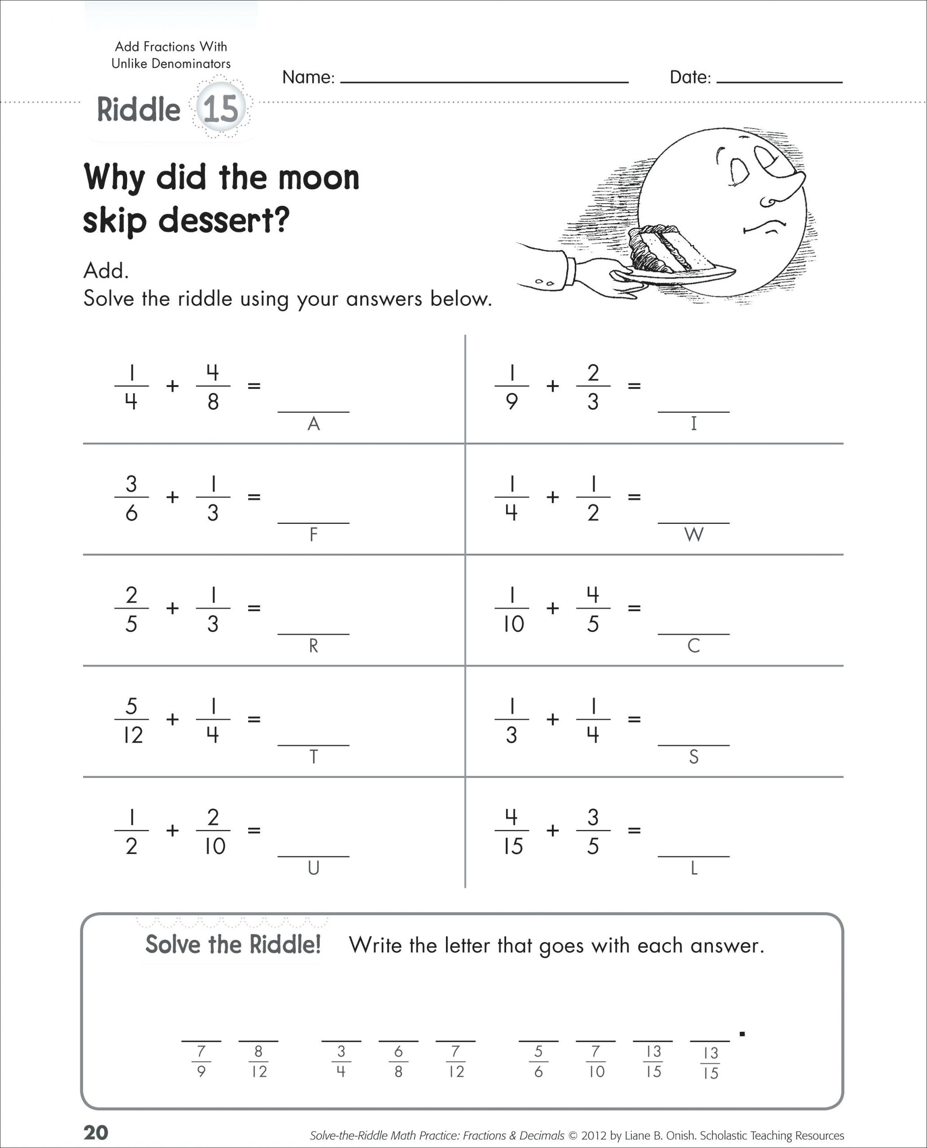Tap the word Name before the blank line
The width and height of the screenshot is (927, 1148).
(x=307, y=78)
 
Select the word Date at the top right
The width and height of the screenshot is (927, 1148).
(x=690, y=78)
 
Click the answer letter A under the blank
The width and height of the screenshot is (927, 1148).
(x=314, y=424)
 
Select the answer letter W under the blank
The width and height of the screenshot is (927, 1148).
(x=694, y=535)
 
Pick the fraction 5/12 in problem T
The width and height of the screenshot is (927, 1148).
(x=131, y=720)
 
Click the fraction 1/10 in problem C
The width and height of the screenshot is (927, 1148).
(x=512, y=609)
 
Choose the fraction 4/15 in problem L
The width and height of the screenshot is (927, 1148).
(x=512, y=831)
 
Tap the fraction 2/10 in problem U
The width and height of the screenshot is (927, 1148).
(x=213, y=831)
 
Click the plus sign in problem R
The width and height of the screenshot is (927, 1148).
(x=172, y=608)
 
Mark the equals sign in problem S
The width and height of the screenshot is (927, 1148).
(x=634, y=719)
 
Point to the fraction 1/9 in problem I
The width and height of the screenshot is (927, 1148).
(x=512, y=387)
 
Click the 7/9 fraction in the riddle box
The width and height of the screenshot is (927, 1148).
(x=201, y=1061)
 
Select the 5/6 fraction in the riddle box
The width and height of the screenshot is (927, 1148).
(x=538, y=1061)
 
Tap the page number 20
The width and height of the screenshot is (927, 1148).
(x=96, y=1132)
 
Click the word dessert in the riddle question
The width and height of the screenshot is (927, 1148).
(x=224, y=220)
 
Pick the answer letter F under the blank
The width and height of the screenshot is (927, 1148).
(x=314, y=535)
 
